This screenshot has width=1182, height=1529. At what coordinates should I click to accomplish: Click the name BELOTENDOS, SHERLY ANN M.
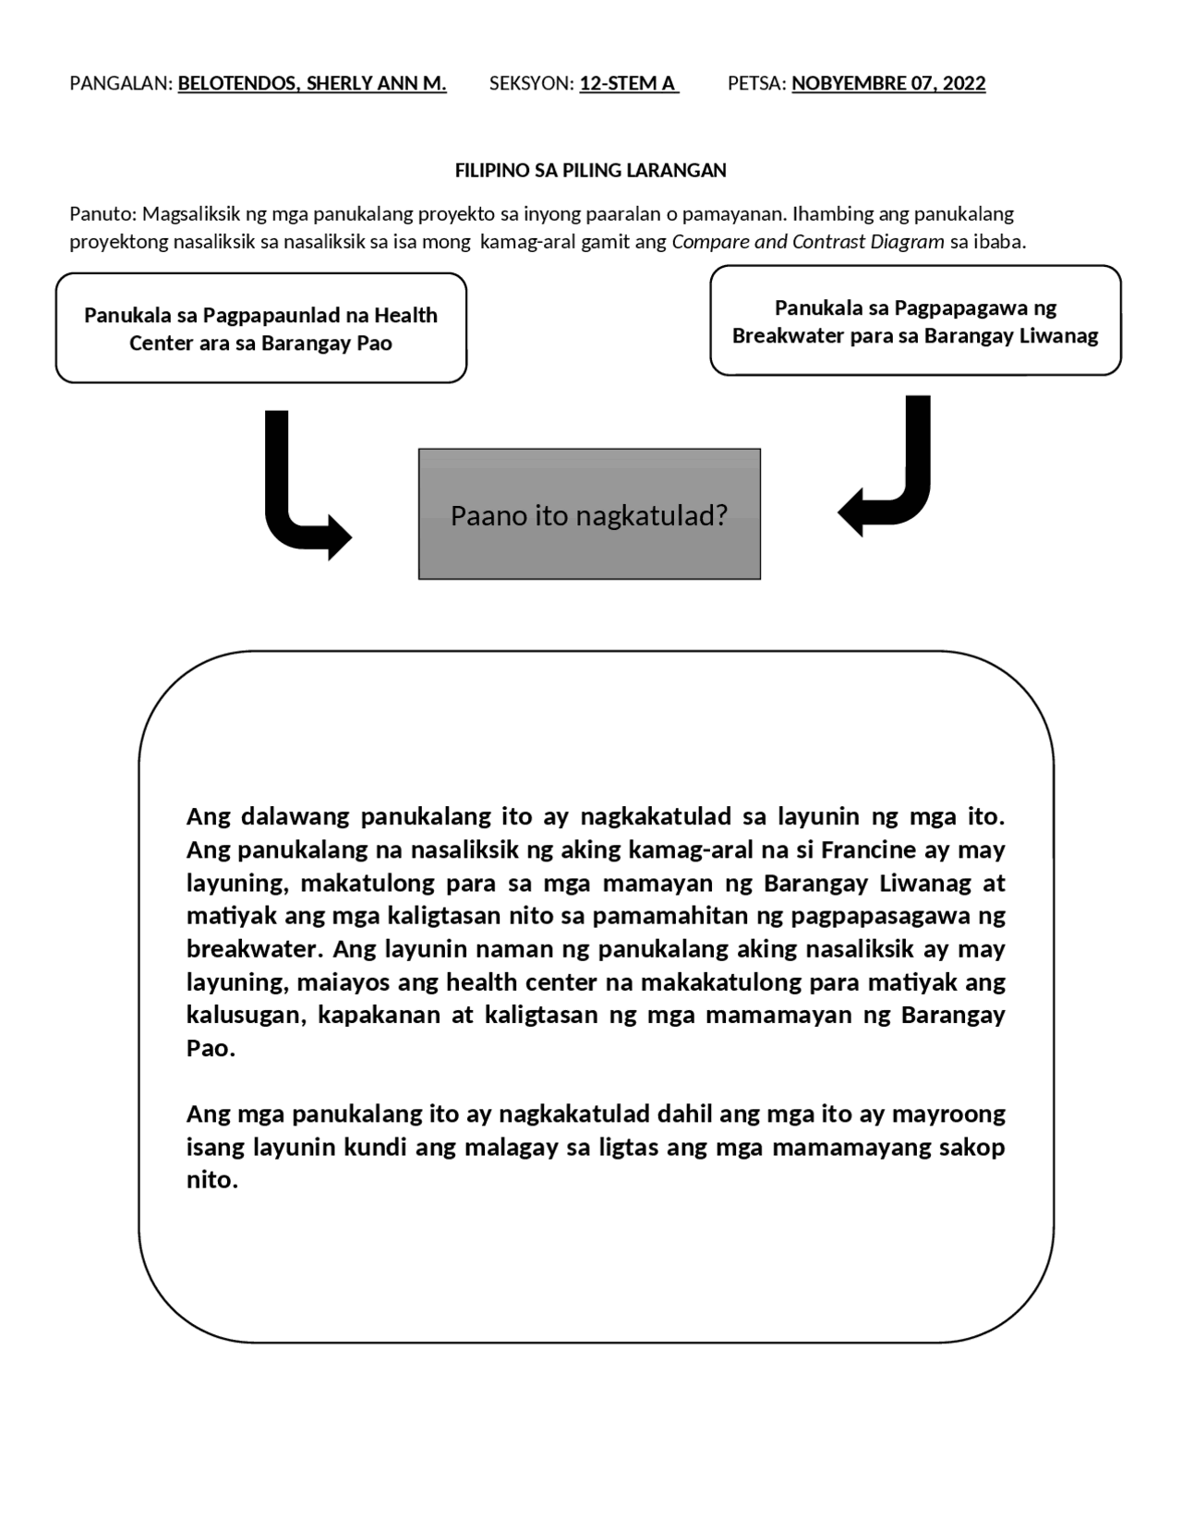311,84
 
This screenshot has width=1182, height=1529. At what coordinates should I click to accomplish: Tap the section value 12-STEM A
628,84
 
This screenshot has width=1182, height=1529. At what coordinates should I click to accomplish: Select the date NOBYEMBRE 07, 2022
888,84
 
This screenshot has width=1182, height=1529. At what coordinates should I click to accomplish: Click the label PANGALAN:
121,84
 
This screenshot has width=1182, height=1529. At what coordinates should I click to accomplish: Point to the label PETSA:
756,84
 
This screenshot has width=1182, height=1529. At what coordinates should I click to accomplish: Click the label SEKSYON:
531,84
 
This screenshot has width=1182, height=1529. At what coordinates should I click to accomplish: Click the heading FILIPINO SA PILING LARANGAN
590,171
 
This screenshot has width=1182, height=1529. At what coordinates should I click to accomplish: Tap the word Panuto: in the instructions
103,214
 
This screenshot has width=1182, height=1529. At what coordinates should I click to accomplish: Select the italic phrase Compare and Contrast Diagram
807,242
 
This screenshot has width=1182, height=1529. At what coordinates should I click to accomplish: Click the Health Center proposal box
260,329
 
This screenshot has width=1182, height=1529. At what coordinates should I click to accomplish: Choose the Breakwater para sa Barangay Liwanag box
915,321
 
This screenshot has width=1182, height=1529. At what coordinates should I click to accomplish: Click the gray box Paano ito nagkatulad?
589,514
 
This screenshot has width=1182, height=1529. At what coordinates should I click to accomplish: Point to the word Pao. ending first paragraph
211,1049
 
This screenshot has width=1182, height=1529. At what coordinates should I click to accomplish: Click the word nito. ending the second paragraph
211,1180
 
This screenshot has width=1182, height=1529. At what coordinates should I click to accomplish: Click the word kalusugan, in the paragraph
247,1016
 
